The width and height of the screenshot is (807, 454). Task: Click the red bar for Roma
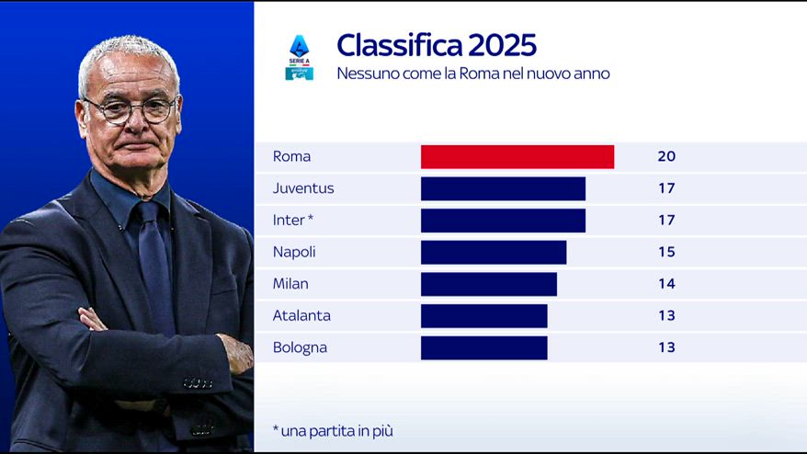click(517, 157)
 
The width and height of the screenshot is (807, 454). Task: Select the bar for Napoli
click(494, 252)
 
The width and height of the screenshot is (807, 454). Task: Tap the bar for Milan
click(489, 284)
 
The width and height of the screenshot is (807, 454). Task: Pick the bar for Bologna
click(484, 348)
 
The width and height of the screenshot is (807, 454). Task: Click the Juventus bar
click(503, 189)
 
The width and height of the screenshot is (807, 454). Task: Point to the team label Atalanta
click(301, 315)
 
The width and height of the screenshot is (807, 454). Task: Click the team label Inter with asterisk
click(293, 221)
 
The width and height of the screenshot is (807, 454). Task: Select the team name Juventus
click(303, 188)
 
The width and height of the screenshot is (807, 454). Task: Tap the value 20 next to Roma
click(666, 156)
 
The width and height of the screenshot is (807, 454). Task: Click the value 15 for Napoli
click(666, 252)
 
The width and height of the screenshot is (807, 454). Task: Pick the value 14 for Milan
click(666, 284)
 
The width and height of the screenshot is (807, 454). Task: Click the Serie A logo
click(300, 57)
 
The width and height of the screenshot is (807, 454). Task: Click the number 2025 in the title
click(503, 45)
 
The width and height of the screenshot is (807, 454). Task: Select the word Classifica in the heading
click(400, 45)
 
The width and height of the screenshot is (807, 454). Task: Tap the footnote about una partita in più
click(333, 431)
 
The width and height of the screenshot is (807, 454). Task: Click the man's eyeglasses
click(131, 110)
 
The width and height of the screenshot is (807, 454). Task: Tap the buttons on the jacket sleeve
click(199, 383)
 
